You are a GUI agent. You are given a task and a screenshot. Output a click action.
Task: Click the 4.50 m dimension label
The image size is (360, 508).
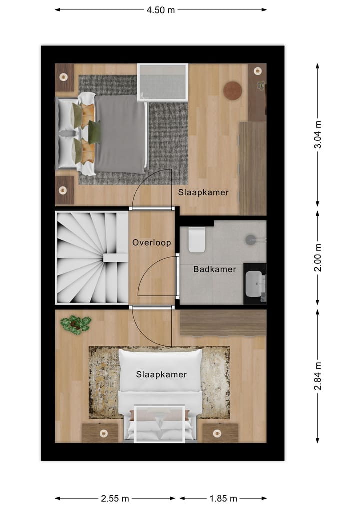point(160,9)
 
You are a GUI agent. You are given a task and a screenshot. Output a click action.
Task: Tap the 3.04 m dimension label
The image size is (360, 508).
point(318,134)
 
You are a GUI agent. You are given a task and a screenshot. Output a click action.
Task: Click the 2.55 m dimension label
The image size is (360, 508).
point(115,498)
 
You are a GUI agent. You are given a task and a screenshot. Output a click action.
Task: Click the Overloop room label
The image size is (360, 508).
point(152,243)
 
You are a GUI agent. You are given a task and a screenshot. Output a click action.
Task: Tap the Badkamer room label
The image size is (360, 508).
point(214,269)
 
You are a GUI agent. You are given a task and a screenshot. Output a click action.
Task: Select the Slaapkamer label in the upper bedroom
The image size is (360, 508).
point(203,192)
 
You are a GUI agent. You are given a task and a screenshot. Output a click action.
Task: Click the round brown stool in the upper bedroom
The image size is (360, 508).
point(232,90)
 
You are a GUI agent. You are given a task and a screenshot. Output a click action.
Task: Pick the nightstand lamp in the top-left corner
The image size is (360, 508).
point(63,77)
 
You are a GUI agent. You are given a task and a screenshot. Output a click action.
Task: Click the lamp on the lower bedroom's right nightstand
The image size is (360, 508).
point(218,433)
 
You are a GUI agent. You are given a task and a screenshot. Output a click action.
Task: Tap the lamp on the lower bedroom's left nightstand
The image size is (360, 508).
point(103,433)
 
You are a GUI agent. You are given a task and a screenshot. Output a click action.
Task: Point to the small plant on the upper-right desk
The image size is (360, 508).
point(260,85)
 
